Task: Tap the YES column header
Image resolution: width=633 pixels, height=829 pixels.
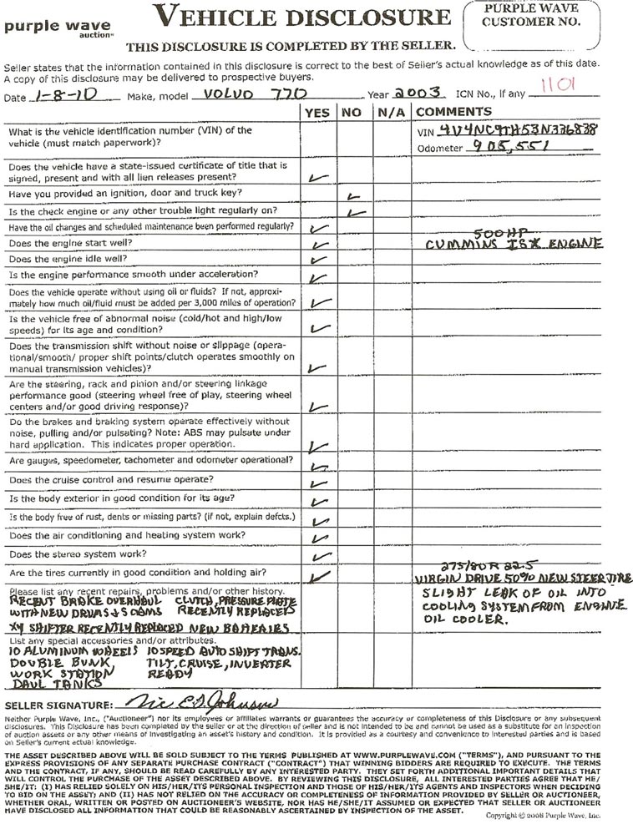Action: [x=317, y=112]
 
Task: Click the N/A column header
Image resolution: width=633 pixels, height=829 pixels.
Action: [x=390, y=112]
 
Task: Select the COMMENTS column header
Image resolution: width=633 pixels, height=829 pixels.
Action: [x=453, y=112]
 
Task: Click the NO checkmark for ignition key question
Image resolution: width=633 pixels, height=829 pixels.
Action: [x=353, y=196]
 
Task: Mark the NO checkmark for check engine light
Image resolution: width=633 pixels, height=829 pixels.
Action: [x=357, y=213]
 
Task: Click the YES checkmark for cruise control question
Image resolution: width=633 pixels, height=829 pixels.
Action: [x=318, y=483]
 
